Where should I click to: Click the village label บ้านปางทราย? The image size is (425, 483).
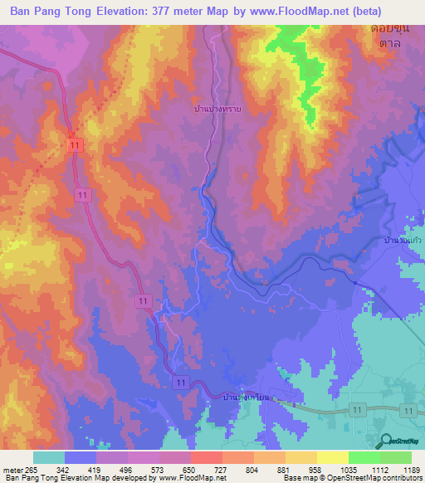(218, 108)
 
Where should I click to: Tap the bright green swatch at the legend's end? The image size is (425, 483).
(395, 457)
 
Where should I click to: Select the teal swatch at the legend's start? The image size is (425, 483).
(49, 457)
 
